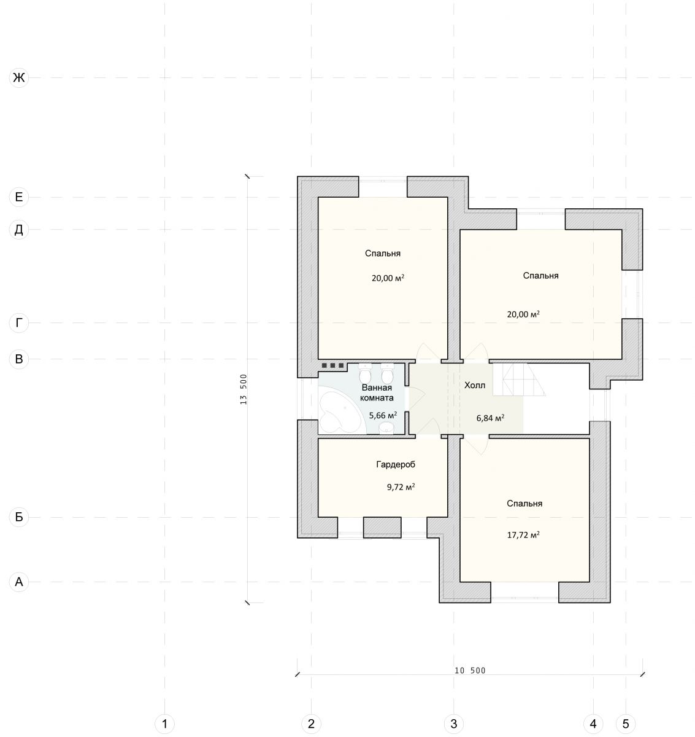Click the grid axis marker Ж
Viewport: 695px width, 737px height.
pyautogui.click(x=18, y=78)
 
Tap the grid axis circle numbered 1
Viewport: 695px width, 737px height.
pyautogui.click(x=164, y=723)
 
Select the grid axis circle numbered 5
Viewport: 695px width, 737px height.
pyautogui.click(x=626, y=723)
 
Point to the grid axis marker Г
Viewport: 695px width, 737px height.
pyautogui.click(x=18, y=323)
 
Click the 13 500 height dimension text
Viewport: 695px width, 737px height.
pyautogui.click(x=243, y=389)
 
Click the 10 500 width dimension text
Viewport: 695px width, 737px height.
pyautogui.click(x=470, y=671)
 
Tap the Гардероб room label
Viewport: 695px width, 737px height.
pyautogui.click(x=396, y=464)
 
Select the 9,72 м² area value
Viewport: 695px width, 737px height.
pyautogui.click(x=401, y=487)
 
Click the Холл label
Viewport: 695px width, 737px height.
pyautogui.click(x=474, y=385)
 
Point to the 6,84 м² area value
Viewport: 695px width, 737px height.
pyautogui.click(x=490, y=418)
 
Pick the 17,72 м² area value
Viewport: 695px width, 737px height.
pyautogui.click(x=523, y=535)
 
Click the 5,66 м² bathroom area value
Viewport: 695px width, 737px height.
pyautogui.click(x=383, y=415)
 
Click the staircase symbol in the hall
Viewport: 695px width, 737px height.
pyautogui.click(x=519, y=380)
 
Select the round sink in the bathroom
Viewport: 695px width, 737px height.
pyautogui.click(x=387, y=428)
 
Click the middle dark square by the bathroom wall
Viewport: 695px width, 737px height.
pyautogui.click(x=332, y=365)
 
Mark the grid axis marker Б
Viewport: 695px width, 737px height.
pyautogui.click(x=18, y=517)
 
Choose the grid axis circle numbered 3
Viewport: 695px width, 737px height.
pyautogui.click(x=454, y=723)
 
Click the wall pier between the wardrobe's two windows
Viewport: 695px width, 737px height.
pyautogui.click(x=382, y=528)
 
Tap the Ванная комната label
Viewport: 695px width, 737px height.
pyautogui.click(x=377, y=393)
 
